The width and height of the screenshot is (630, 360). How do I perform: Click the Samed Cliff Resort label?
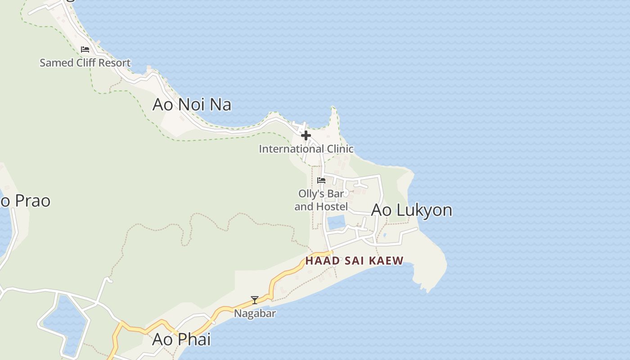[85, 63]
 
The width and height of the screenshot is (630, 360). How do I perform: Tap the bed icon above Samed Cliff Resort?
[85, 49]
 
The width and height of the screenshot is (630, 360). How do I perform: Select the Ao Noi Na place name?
[192, 104]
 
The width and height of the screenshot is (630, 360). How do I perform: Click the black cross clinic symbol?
[306, 135]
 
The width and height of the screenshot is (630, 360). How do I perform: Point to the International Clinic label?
[306, 149]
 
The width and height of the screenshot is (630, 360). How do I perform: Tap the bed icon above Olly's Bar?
[321, 180]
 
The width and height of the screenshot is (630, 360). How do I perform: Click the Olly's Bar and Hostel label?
[321, 200]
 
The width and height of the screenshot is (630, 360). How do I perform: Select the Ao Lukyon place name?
[411, 210]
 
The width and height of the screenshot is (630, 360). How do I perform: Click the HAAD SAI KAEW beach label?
[354, 261]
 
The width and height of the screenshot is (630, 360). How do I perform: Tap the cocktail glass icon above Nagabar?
[255, 300]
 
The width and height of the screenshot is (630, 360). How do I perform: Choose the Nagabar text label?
[255, 313]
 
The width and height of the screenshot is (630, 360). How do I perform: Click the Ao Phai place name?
[181, 339]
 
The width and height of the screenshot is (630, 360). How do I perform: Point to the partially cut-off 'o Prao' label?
[25, 201]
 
